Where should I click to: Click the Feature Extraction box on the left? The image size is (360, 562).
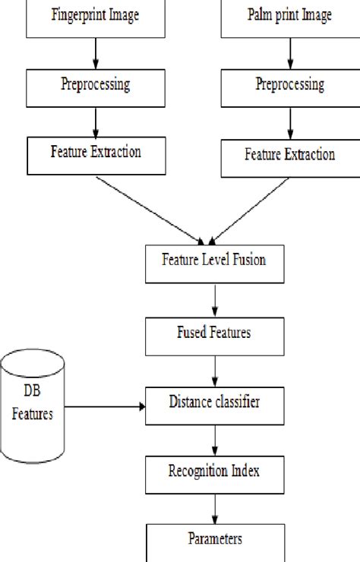[95, 154]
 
